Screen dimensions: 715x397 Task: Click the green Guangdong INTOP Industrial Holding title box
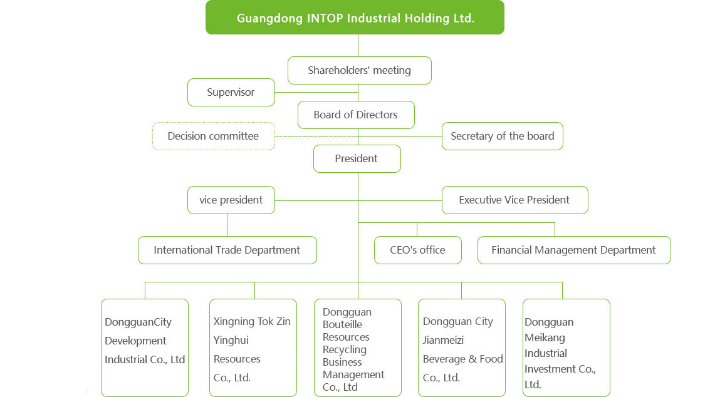[x=355, y=18]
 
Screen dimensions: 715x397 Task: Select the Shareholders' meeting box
[x=359, y=70]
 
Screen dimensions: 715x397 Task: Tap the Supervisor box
[x=231, y=92]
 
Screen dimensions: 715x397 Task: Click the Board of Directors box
[x=356, y=115]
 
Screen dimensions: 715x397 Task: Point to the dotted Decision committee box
[x=214, y=136]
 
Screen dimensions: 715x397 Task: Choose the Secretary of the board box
[x=503, y=136]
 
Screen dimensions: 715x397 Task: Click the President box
[x=357, y=158]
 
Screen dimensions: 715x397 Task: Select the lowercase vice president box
[x=231, y=200]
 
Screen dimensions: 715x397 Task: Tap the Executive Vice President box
[x=515, y=200]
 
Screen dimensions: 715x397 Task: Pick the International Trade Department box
[x=227, y=250]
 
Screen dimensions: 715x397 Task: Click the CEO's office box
[x=418, y=250]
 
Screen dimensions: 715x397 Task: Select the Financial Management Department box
[x=574, y=250]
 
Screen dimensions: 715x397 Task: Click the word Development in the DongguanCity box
[x=135, y=341]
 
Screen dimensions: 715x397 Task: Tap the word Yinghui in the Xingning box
[x=231, y=341]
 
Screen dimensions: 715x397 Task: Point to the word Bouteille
[x=342, y=324]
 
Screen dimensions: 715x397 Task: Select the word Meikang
[x=545, y=338]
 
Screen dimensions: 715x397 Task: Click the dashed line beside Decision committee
[x=316, y=137]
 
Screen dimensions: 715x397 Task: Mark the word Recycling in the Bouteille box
[x=345, y=350]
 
